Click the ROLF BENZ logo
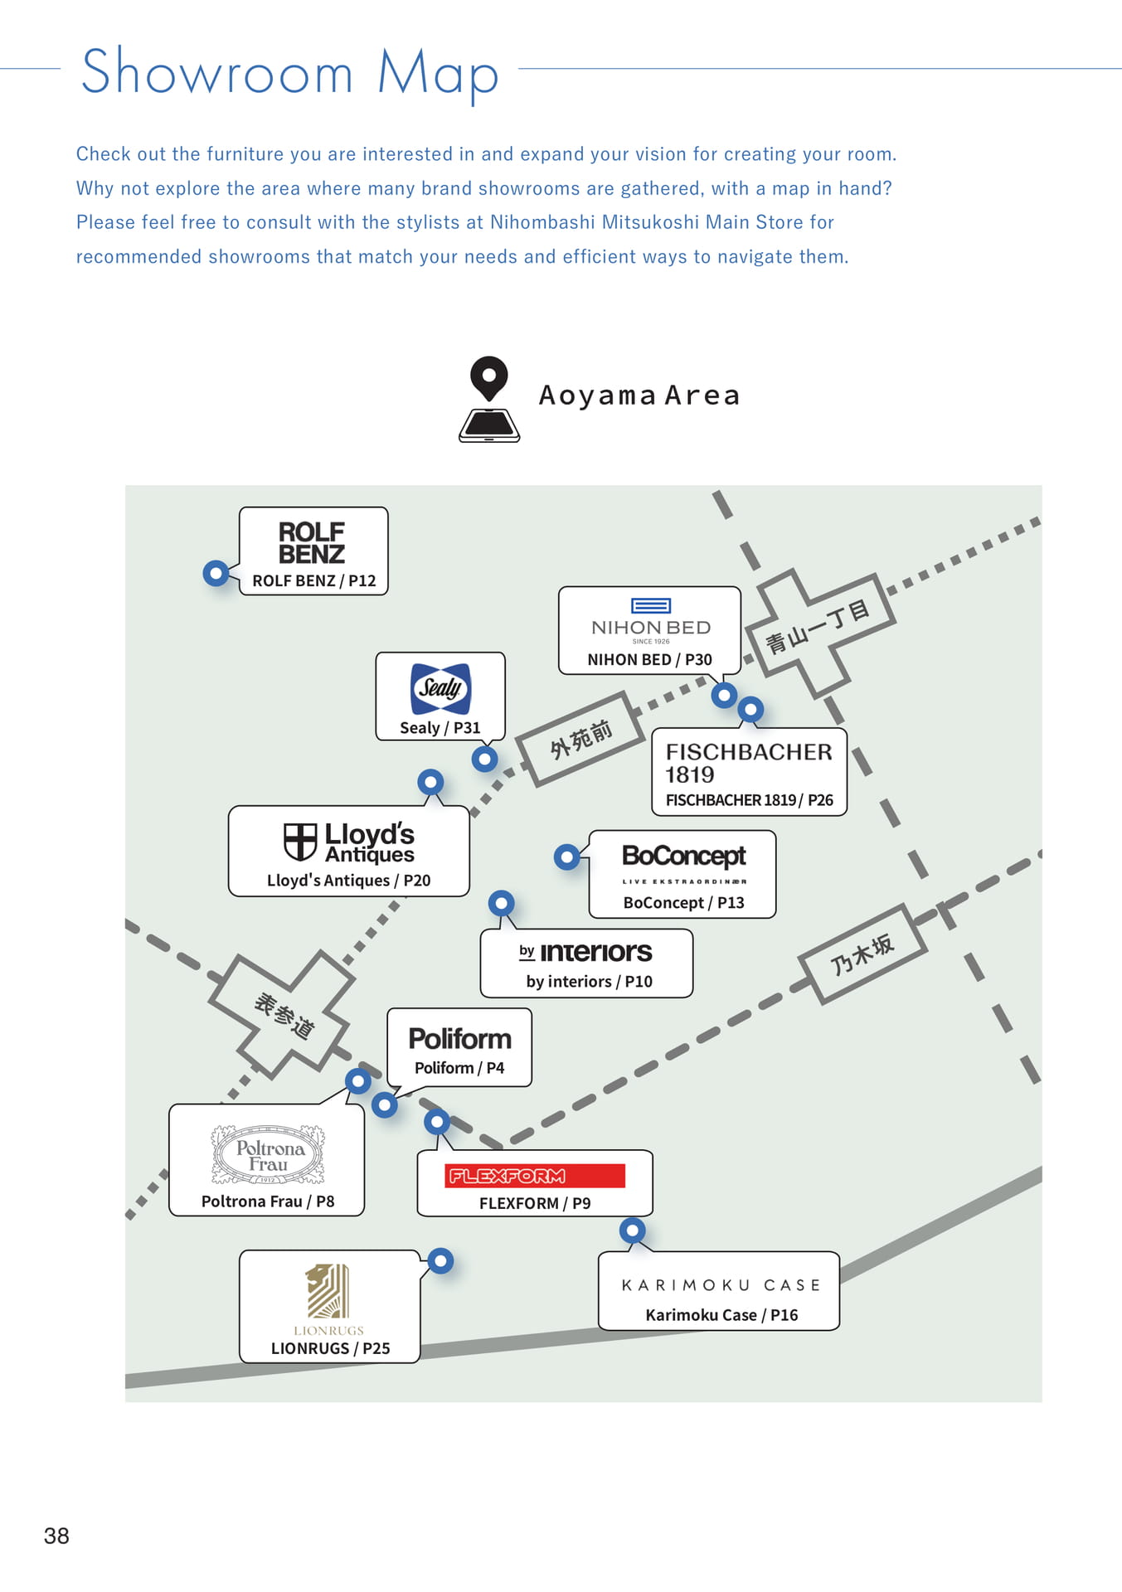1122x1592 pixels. [312, 542]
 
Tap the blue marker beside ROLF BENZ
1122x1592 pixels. [216, 572]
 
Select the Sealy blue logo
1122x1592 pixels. [440, 688]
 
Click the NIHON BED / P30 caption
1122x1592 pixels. [649, 659]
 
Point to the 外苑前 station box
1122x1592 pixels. [581, 738]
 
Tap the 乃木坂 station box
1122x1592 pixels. [862, 954]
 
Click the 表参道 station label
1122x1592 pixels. [284, 1016]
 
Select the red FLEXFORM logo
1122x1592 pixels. [534, 1176]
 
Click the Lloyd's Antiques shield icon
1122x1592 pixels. [300, 842]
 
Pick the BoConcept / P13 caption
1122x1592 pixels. [683, 902]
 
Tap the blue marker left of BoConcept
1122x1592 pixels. [567, 857]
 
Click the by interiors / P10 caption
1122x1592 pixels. [589, 981]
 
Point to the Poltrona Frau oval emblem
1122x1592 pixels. [268, 1154]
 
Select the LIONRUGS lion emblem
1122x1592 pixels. [328, 1291]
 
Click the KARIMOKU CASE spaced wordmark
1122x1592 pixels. [721, 1285]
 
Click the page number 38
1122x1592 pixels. [56, 1536]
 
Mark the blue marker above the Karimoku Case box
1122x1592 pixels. [633, 1230]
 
